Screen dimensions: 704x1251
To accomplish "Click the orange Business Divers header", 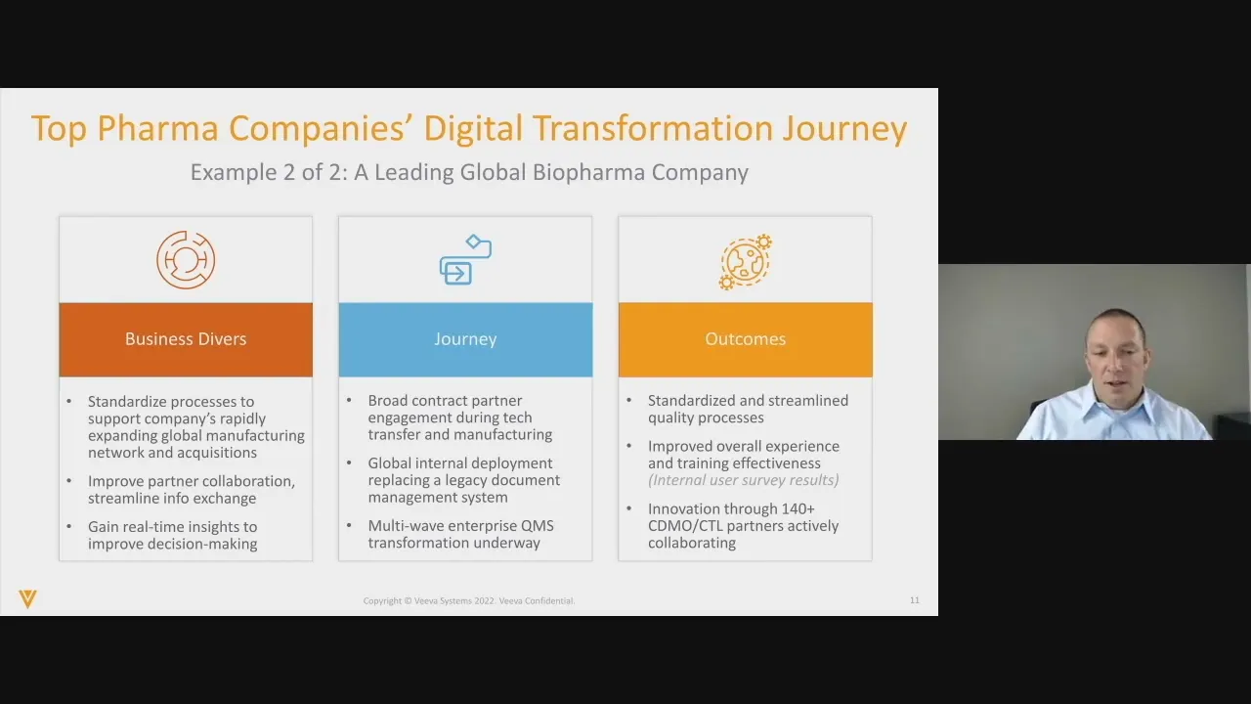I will [186, 339].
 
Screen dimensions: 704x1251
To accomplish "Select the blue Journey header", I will [465, 339].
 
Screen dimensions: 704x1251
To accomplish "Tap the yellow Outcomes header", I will [745, 339].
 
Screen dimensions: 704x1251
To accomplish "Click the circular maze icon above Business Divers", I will [186, 260].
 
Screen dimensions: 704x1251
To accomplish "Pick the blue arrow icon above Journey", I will [465, 260].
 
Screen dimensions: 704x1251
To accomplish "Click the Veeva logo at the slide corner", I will [27, 598].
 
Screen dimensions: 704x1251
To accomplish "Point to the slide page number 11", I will [915, 600].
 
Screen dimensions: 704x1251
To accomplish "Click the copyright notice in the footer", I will [469, 600].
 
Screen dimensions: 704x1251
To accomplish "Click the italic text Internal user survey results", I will [744, 480].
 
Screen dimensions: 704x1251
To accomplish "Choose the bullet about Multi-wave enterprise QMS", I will [460, 534].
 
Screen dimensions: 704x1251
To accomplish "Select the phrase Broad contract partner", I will [445, 401].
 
